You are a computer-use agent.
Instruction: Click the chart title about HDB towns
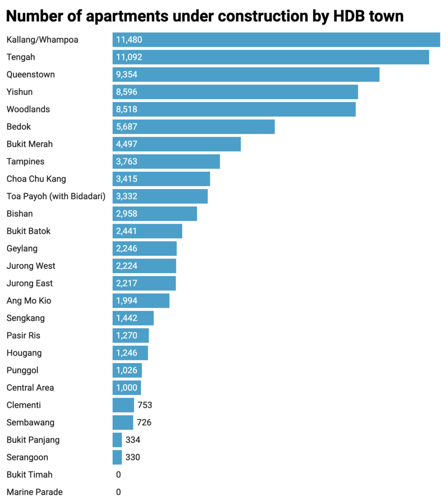[x=205, y=16]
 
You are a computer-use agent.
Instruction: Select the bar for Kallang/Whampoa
[x=276, y=40]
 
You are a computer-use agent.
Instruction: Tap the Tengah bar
[x=271, y=57]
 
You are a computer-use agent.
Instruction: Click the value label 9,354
[x=127, y=75]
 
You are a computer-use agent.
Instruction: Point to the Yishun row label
[x=20, y=92]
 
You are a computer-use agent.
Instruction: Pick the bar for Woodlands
[x=234, y=109]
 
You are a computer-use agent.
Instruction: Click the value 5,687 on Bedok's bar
[x=127, y=127]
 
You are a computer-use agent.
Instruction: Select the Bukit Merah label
[x=30, y=144]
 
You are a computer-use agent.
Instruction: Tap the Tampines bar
[x=166, y=161]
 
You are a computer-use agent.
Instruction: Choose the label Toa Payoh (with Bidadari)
[x=56, y=196]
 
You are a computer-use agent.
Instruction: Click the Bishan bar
[x=155, y=214]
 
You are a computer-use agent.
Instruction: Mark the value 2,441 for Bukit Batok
[x=127, y=231]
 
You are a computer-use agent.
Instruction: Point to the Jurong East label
[x=30, y=283]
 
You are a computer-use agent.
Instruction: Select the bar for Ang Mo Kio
[x=141, y=301]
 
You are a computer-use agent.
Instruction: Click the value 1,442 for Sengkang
[x=127, y=318]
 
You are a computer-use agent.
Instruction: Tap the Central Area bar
[x=127, y=388]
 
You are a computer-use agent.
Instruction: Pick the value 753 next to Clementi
[x=145, y=405]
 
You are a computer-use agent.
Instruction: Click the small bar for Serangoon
[x=117, y=457]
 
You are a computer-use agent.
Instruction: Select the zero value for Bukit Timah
[x=118, y=475]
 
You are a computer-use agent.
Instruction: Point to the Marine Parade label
[x=34, y=492]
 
